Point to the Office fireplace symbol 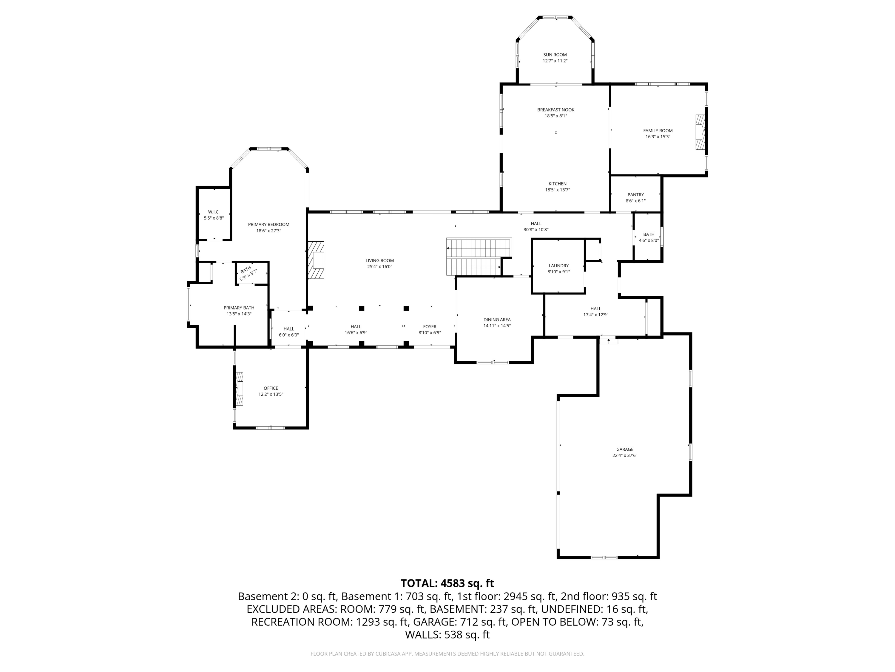pyautogui.click(x=240, y=389)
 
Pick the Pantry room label pyautogui.click(x=636, y=195)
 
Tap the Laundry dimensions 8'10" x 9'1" pyautogui.click(x=559, y=272)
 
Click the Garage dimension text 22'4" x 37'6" pyautogui.click(x=625, y=455)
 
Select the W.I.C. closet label pyautogui.click(x=214, y=212)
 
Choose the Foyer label pyautogui.click(x=430, y=326)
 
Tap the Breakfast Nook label pyautogui.click(x=556, y=110)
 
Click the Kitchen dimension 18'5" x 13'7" pyautogui.click(x=558, y=190)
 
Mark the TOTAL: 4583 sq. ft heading pyautogui.click(x=447, y=583)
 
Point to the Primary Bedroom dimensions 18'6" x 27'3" pyautogui.click(x=269, y=231)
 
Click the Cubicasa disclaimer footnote pyautogui.click(x=447, y=654)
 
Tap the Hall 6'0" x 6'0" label pyautogui.click(x=289, y=332)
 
